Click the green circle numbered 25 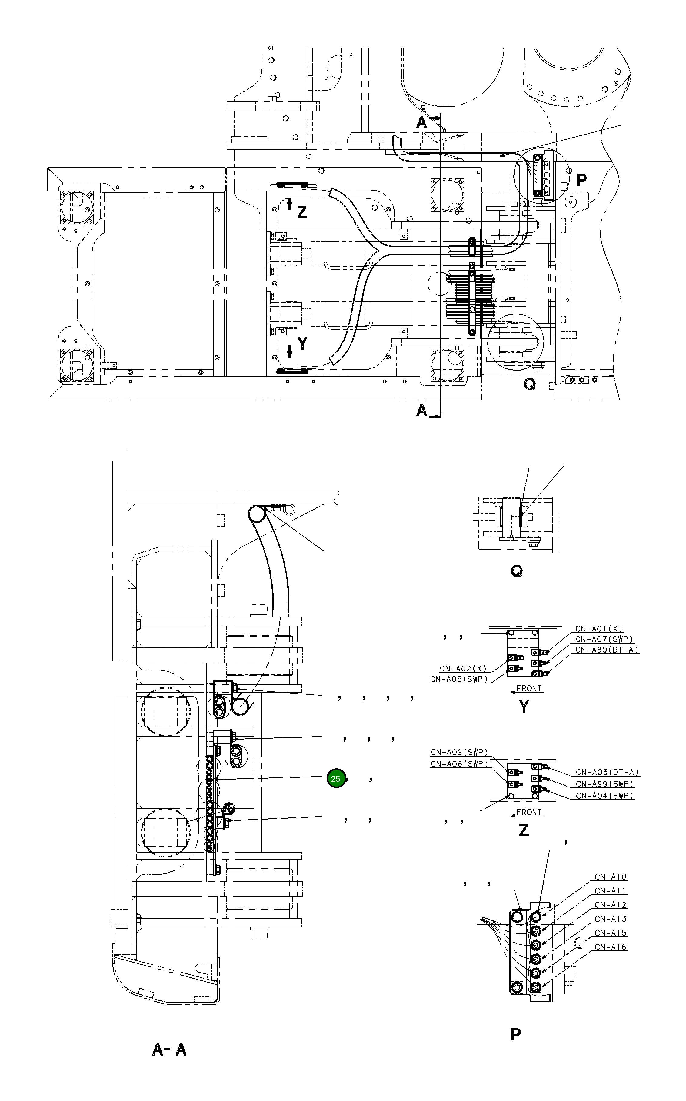[336, 778]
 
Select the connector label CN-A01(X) [599, 629]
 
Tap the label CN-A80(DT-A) [607, 650]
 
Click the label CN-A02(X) [463, 668]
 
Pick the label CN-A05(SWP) [459, 679]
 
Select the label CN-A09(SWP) [459, 752]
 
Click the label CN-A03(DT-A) [607, 772]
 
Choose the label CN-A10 [611, 876]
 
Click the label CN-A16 [611, 947]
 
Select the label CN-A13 [611, 919]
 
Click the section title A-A [169, 1049]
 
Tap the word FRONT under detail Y [529, 688]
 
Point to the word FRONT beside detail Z [529, 812]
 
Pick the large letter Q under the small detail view [517, 571]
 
